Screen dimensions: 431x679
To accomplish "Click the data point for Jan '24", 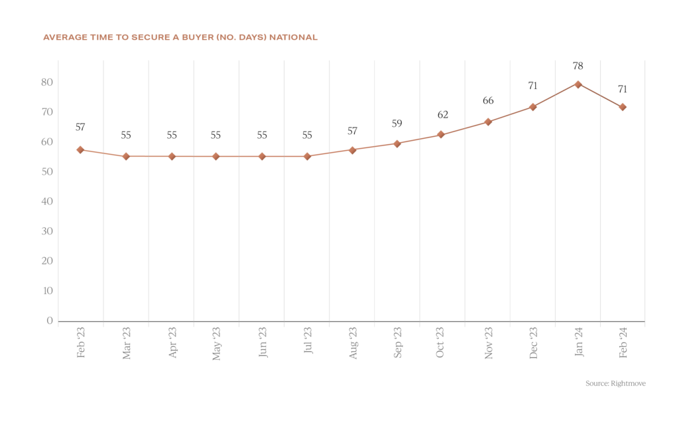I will (x=578, y=84).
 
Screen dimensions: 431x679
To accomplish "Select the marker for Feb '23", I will (x=80, y=150).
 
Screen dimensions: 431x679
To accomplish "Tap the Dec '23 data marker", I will (x=532, y=107).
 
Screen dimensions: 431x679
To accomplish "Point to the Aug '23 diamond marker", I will (x=352, y=150).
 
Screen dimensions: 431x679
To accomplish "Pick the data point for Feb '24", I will (x=622, y=107).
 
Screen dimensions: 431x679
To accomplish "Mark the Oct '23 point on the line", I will (x=441, y=135).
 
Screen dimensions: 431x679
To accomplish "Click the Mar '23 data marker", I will (x=125, y=156).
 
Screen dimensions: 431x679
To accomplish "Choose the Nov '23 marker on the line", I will (x=487, y=122).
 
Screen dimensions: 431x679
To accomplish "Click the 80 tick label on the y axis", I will (x=46, y=82).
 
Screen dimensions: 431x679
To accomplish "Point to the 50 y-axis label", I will (x=46, y=172).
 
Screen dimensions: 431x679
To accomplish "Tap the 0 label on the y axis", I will (x=50, y=321).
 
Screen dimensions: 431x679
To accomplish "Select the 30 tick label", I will (x=46, y=232).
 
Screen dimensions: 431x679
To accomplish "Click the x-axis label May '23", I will (x=216, y=343).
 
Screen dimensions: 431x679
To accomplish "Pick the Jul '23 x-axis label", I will (x=307, y=341).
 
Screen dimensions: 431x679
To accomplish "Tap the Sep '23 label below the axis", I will (x=397, y=343).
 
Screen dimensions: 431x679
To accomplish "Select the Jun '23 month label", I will (x=262, y=343).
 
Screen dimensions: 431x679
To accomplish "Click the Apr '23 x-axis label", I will (x=172, y=343).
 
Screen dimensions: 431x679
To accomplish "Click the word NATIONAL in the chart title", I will (x=294, y=38).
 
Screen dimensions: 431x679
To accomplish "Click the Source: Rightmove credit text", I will (x=615, y=383).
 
